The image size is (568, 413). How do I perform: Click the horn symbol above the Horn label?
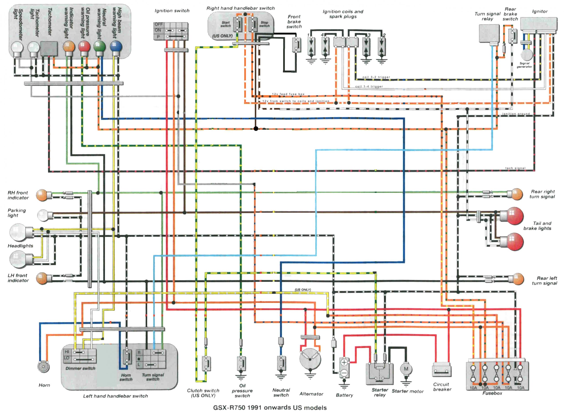43,367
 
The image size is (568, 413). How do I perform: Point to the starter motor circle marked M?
406,369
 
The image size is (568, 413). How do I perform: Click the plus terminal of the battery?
344,362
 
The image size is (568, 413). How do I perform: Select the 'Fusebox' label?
492,393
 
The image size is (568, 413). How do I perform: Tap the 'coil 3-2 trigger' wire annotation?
376,77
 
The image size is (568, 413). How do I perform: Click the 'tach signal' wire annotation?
515,168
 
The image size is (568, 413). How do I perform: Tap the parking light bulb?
43,215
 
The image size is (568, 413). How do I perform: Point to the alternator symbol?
310,359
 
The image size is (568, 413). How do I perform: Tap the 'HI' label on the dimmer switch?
67,352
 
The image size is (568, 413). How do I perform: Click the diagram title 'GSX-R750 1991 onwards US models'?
270,407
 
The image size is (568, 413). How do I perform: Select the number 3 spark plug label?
369,35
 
